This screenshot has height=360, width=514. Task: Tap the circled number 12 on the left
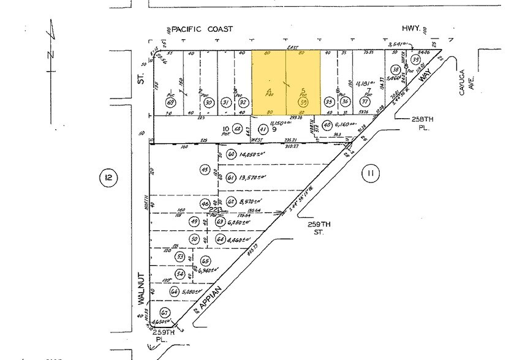pyautogui.click(x=108, y=178)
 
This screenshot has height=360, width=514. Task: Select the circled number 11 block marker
pyautogui.click(x=369, y=174)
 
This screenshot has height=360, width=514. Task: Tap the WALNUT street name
pyautogui.click(x=140, y=288)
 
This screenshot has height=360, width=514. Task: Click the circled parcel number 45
pyautogui.click(x=205, y=170)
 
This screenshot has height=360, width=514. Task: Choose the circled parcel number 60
pyautogui.click(x=231, y=154)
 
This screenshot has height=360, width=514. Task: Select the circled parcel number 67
pyautogui.click(x=165, y=313)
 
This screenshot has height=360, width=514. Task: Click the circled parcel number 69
pyautogui.click(x=170, y=102)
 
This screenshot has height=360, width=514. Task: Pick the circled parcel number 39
pyautogui.click(x=415, y=60)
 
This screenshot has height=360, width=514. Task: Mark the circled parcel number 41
pyautogui.click(x=263, y=129)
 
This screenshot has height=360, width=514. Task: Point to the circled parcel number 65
pyautogui.click(x=205, y=260)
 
